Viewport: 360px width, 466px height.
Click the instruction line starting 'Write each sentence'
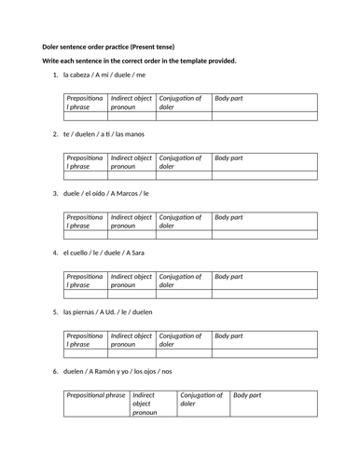point(139,61)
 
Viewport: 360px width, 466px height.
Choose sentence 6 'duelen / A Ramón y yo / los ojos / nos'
point(123,372)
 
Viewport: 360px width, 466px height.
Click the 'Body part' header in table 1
point(229,96)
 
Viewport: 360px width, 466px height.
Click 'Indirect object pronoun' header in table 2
point(132,160)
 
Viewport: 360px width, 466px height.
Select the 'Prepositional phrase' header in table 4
point(84,280)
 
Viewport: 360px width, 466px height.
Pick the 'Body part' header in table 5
point(229,334)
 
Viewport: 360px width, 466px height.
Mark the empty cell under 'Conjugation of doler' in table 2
point(184,175)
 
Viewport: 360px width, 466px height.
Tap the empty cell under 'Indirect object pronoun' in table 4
point(132,294)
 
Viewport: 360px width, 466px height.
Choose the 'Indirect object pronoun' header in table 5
point(132,338)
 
